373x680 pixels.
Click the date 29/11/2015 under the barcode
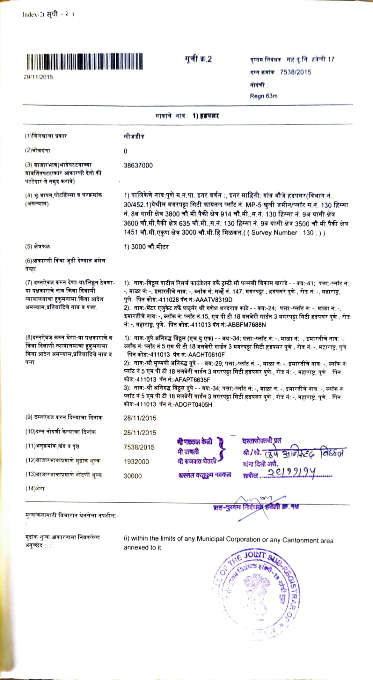(x=38, y=77)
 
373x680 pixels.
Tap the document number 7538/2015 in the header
(x=295, y=72)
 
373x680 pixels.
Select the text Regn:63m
(x=264, y=96)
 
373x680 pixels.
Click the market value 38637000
(x=138, y=165)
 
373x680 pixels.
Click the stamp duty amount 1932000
(x=137, y=462)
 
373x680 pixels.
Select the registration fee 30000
(x=133, y=476)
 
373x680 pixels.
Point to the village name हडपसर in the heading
(x=209, y=116)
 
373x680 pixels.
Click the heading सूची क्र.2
(x=198, y=59)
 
